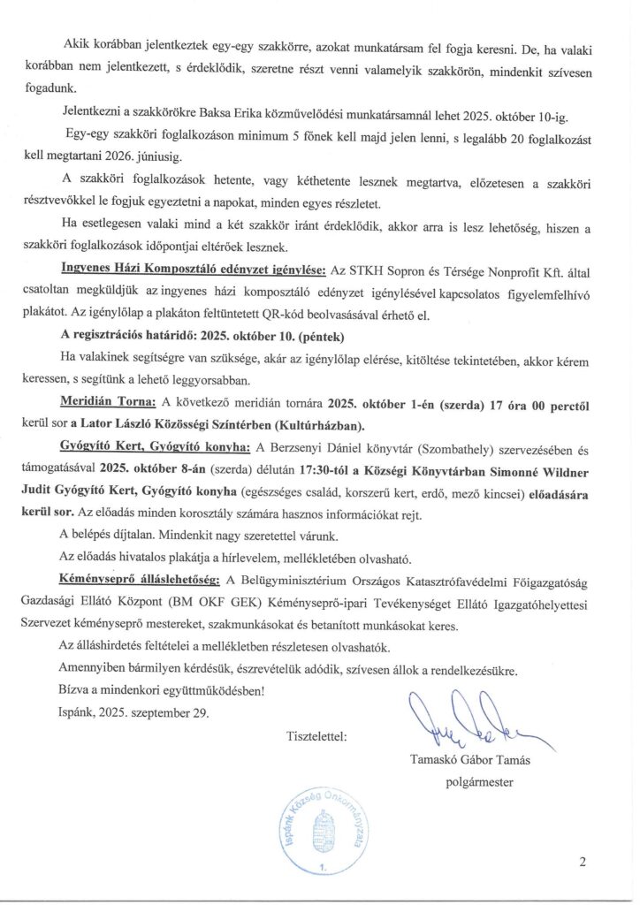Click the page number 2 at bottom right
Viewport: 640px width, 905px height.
coord(583,863)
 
